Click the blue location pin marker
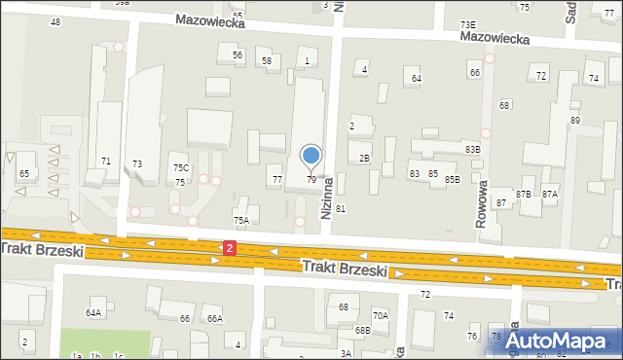pos(311,156)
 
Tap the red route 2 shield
pos(229,249)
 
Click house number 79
pos(311,180)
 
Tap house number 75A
pos(240,221)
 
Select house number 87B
pos(524,195)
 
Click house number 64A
pos(93,313)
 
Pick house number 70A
pos(381,315)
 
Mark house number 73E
pos(468,24)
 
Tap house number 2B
pos(364,158)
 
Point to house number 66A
pos(214,319)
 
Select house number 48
pos(55,21)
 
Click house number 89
pos(575,120)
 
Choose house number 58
pos(267,61)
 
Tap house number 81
pos(341,209)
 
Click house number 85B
pos(453,180)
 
